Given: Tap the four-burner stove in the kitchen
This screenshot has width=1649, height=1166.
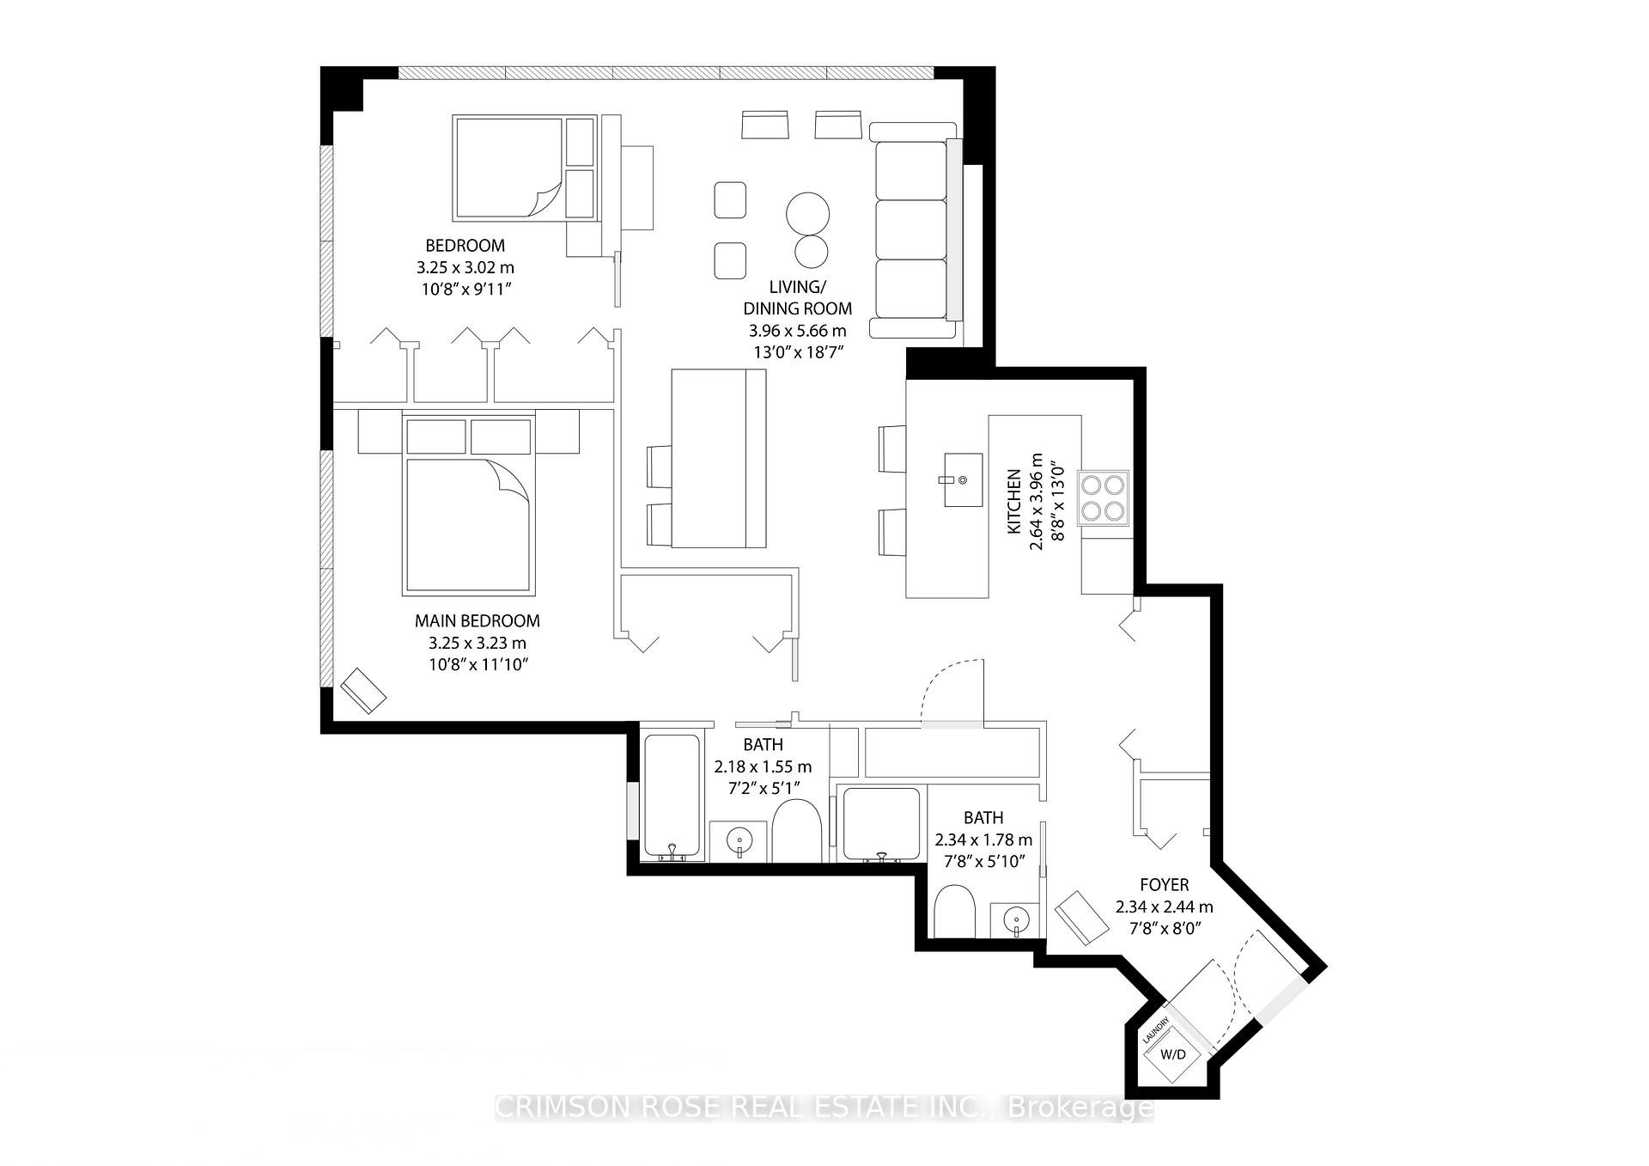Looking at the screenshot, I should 1104,498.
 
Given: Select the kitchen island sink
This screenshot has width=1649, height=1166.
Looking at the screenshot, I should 963,479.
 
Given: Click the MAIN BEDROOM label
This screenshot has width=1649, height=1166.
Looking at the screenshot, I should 478,620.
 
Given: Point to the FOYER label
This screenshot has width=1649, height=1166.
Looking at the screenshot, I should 1164,884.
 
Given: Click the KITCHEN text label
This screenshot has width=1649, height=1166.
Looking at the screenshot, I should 1014,501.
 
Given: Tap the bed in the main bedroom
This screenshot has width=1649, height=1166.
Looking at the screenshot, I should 469,524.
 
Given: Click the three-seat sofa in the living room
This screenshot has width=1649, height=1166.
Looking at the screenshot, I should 912,230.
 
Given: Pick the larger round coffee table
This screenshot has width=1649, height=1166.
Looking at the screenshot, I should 807,211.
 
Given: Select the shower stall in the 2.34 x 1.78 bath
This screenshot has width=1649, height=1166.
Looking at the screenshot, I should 882,823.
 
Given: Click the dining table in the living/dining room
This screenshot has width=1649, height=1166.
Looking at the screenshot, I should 718,458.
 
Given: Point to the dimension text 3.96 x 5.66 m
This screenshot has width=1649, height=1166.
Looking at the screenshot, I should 796,330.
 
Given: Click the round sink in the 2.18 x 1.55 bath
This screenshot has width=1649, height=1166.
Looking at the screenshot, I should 739,839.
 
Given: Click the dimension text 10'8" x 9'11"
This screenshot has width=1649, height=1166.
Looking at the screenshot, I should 466,290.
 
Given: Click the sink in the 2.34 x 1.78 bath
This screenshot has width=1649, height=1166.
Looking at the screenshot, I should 1015,920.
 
